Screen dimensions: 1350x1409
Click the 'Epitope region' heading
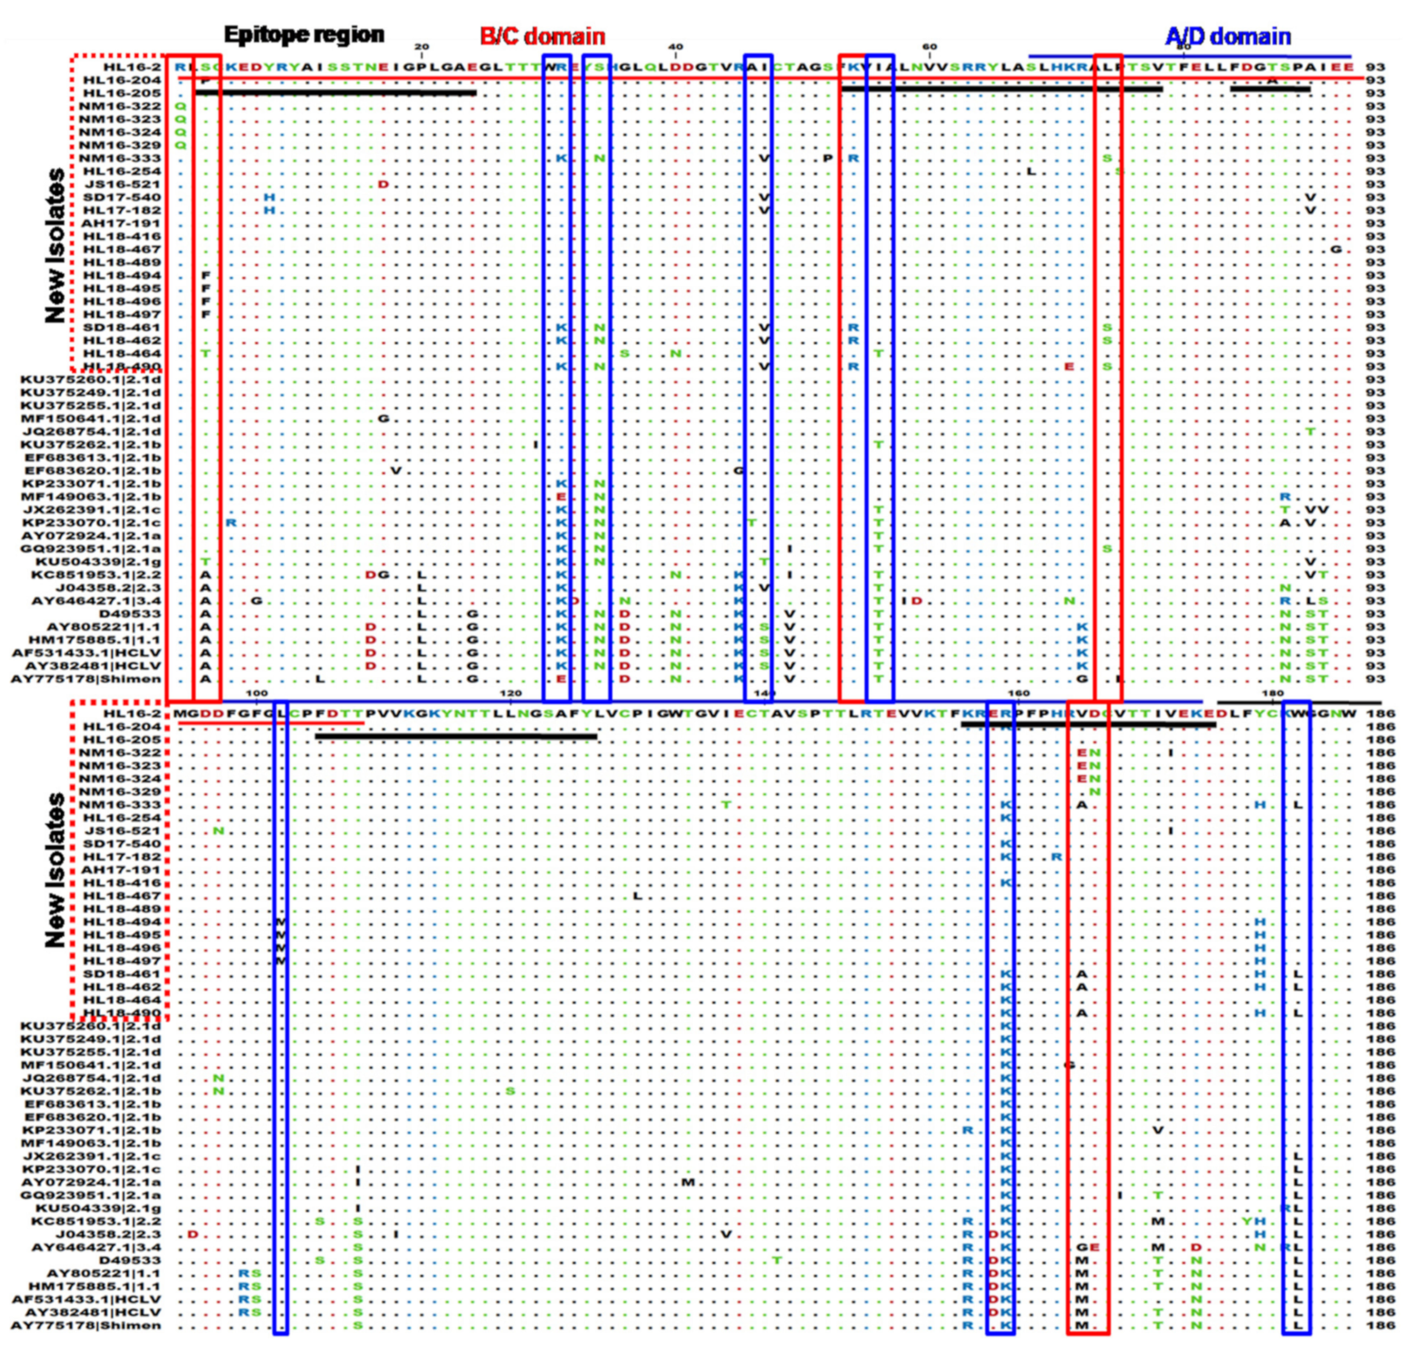[304, 34]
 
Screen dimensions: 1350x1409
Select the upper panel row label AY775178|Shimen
[86, 679]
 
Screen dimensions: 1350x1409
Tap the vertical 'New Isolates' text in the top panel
[56, 246]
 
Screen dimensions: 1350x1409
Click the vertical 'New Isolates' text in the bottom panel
[56, 870]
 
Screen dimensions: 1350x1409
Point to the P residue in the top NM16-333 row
[827, 158]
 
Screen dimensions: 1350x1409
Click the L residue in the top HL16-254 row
[1030, 171]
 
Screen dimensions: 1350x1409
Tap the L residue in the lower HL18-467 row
[637, 895]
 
